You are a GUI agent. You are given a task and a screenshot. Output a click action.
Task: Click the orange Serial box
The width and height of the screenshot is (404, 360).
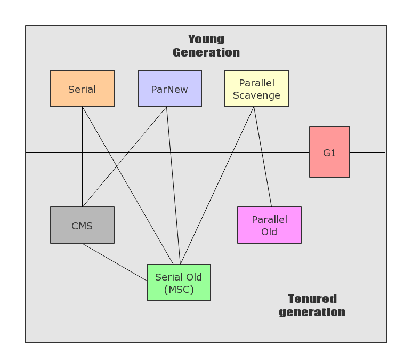coord(82,89)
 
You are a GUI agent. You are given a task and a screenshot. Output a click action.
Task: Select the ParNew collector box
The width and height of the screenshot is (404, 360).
coord(169,89)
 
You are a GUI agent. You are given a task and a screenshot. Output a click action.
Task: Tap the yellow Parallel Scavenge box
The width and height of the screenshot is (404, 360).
coord(256,89)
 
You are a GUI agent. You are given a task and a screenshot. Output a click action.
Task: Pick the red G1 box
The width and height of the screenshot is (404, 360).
coord(329,152)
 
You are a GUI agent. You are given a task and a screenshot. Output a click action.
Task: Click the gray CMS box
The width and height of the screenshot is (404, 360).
coord(82,225)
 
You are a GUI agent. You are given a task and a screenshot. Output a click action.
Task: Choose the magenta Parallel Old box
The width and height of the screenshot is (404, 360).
coord(269,225)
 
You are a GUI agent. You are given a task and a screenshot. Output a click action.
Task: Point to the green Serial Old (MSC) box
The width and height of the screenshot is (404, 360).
coord(179,283)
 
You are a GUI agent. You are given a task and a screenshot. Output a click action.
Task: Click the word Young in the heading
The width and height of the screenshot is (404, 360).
coord(206,39)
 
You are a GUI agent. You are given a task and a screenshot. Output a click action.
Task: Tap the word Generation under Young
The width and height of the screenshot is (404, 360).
coord(206,52)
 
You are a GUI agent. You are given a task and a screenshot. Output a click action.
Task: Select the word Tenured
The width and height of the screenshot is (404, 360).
coord(312,299)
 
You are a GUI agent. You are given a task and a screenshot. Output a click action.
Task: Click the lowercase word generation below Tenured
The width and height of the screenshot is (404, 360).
coord(312,312)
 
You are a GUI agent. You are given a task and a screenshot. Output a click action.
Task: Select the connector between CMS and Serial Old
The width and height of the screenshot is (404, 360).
coord(115,262)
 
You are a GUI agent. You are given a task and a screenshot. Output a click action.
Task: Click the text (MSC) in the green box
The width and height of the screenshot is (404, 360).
coord(179,290)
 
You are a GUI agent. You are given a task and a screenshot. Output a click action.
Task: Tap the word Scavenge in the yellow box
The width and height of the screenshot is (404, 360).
coord(256,95)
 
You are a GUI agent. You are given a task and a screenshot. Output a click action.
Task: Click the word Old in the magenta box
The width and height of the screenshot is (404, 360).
coord(269,232)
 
